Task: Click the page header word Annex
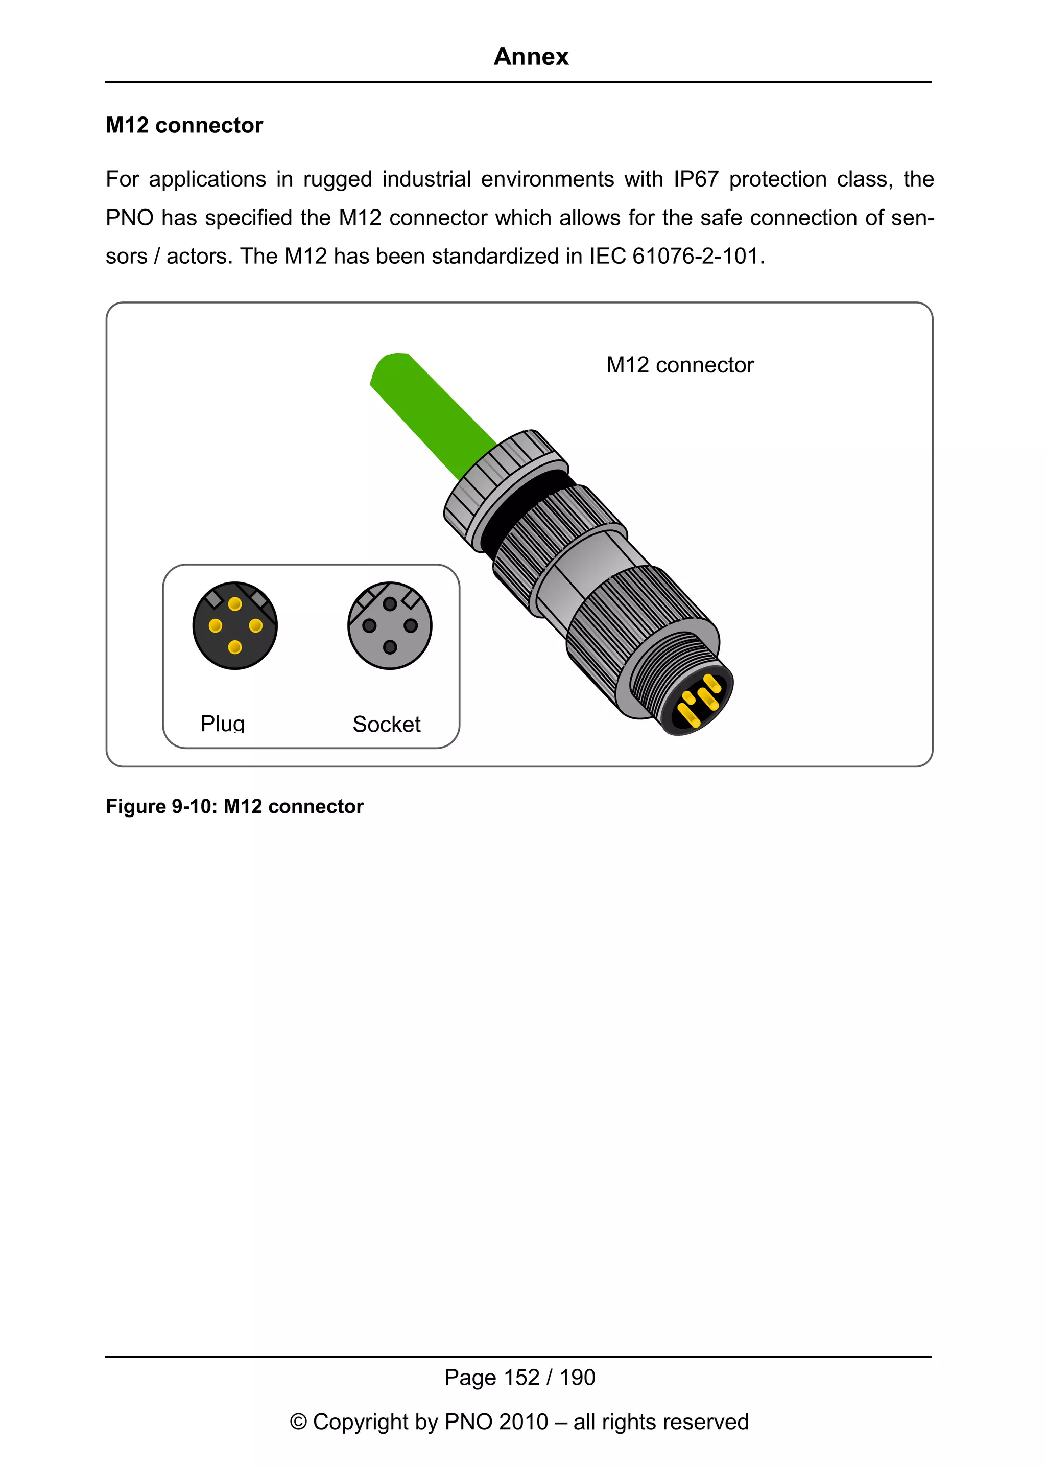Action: pyautogui.click(x=531, y=57)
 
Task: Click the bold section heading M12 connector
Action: pyautogui.click(x=184, y=125)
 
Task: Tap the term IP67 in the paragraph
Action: pyautogui.click(x=695, y=179)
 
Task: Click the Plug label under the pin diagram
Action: pyautogui.click(x=222, y=724)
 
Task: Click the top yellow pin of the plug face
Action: pyautogui.click(x=235, y=604)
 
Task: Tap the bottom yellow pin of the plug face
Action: pyautogui.click(x=235, y=647)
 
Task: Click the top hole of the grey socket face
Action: pyautogui.click(x=390, y=604)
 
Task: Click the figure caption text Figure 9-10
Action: pyautogui.click(x=161, y=807)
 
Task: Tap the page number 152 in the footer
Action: pyautogui.click(x=521, y=1378)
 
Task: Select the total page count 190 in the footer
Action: pyautogui.click(x=577, y=1378)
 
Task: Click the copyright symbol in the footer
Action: pyautogui.click(x=298, y=1422)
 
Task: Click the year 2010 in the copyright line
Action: pyautogui.click(x=523, y=1422)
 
